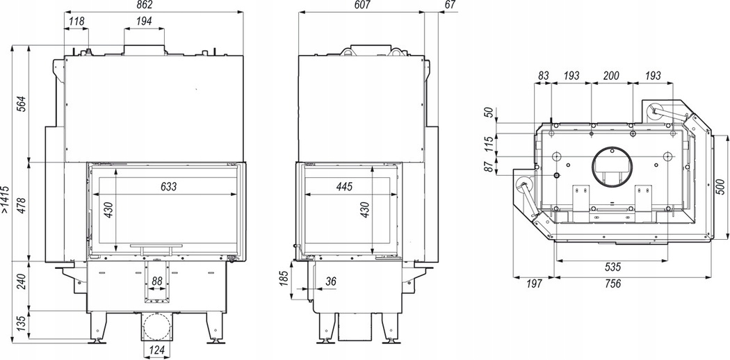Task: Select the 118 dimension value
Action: (x=76, y=21)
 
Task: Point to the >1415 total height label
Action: (x=5, y=199)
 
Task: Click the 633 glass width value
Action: (x=168, y=186)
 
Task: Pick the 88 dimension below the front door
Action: (x=157, y=281)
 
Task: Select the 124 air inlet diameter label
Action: (x=157, y=350)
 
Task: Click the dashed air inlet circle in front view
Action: (x=157, y=327)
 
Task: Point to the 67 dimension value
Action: (x=451, y=5)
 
